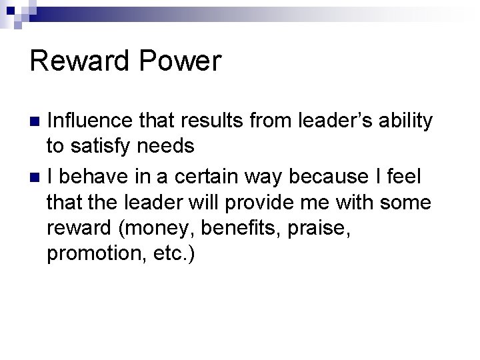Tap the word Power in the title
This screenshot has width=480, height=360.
point(183,61)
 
